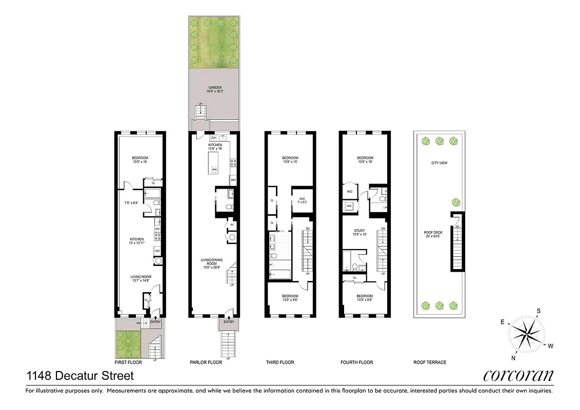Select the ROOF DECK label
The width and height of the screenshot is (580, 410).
[433, 234]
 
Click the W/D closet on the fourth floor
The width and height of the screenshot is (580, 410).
[349, 206]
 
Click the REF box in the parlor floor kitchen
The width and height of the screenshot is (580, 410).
[233, 180]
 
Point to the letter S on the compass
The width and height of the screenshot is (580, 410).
[538, 311]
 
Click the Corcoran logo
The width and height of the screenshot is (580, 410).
[518, 376]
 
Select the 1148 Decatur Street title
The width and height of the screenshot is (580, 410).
[80, 376]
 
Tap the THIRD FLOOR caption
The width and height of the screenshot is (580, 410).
[280, 362]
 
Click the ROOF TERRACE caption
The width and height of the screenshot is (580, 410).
[430, 362]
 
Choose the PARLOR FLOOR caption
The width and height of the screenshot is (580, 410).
[206, 362]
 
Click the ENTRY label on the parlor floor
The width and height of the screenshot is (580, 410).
[228, 322]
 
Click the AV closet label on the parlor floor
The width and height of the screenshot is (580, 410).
[232, 224]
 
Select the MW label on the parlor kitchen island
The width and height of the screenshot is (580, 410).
[214, 169]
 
